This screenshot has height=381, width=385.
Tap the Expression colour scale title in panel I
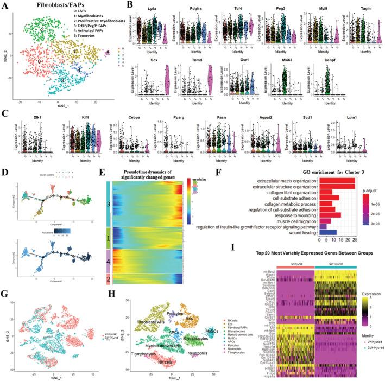coord(368,290)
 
